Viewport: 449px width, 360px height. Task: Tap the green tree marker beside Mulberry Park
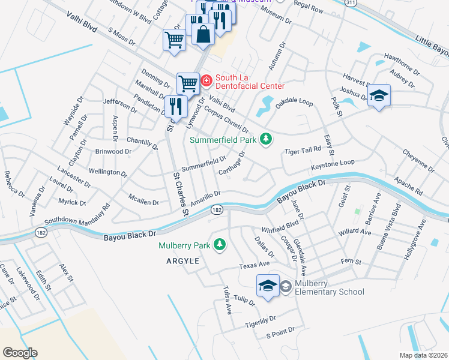click(220, 245)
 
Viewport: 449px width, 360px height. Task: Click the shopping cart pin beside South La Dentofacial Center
click(188, 83)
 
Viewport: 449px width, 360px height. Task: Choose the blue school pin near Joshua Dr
click(379, 95)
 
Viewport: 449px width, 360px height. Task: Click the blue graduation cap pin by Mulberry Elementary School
click(268, 284)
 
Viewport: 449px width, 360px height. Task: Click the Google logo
click(20, 353)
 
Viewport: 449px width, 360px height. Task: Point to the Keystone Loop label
click(333, 164)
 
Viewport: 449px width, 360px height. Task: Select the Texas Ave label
click(254, 264)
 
